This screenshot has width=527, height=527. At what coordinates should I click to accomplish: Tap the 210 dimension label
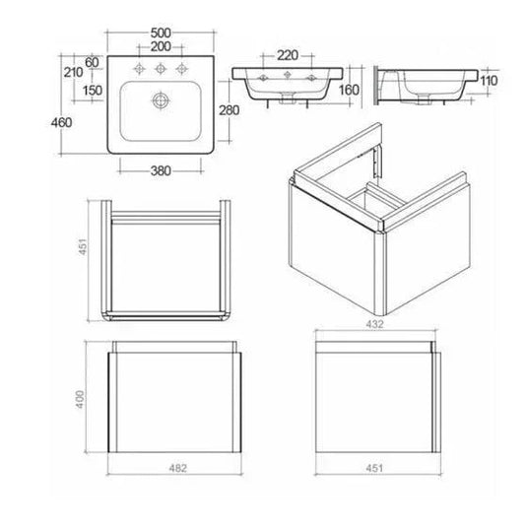coord(72,74)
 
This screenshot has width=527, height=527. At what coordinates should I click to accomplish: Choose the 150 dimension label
coord(94,91)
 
